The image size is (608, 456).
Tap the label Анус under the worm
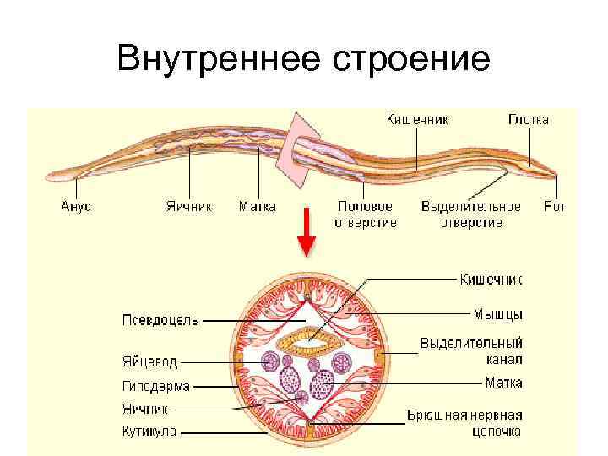[x=76, y=206]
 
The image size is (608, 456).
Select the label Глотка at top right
[x=528, y=119]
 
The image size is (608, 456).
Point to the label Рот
[x=554, y=206]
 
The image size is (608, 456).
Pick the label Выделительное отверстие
[x=471, y=214]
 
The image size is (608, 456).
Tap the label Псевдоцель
[x=160, y=320]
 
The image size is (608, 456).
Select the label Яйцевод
[x=149, y=362]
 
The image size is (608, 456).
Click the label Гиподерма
[x=156, y=387]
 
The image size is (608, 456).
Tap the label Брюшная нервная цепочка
[x=464, y=423]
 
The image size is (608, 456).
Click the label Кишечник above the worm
[x=416, y=119]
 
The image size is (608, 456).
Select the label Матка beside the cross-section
[x=503, y=383]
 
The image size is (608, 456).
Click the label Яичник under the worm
[x=188, y=206]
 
